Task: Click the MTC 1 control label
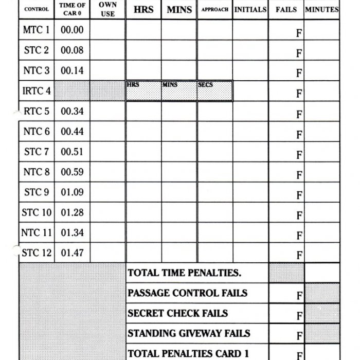pyautogui.click(x=37, y=30)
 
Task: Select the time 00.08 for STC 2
pyautogui.click(x=72, y=50)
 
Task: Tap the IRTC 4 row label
pyautogui.click(x=37, y=91)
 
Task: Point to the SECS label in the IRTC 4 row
pyautogui.click(x=205, y=84)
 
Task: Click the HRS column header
pyautogui.click(x=143, y=9)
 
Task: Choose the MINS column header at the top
pyautogui.click(x=179, y=9)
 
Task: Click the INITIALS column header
pyautogui.click(x=250, y=9)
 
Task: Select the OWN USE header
pyautogui.click(x=107, y=9)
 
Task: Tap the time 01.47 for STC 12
pyautogui.click(x=72, y=253)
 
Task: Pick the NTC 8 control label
pyautogui.click(x=37, y=172)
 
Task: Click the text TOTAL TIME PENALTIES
pyautogui.click(x=184, y=273)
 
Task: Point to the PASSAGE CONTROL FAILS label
pyautogui.click(x=187, y=293)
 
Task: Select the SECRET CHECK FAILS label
pyautogui.click(x=177, y=313)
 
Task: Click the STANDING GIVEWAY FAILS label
pyautogui.click(x=189, y=333)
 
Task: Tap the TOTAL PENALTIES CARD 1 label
pyautogui.click(x=188, y=353)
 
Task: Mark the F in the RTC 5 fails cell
pyautogui.click(x=299, y=115)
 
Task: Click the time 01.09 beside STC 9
pyautogui.click(x=72, y=192)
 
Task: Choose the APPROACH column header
pyautogui.click(x=214, y=9)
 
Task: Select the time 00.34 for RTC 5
pyautogui.click(x=72, y=111)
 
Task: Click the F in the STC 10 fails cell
pyautogui.click(x=299, y=216)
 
